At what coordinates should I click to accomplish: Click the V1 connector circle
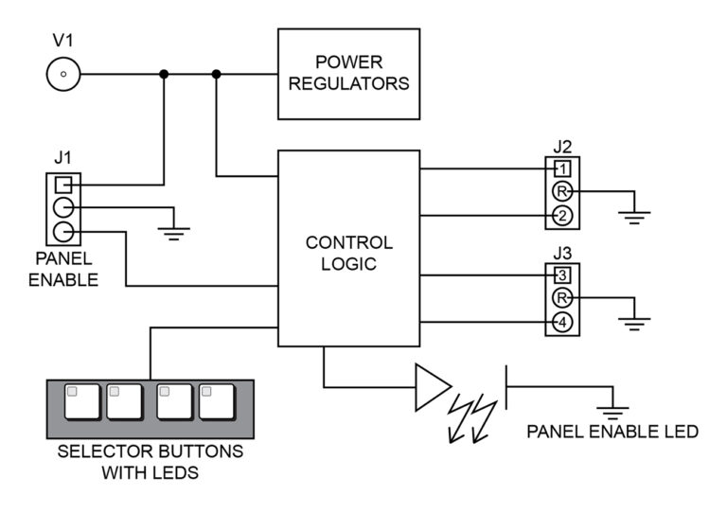pyautogui.click(x=62, y=73)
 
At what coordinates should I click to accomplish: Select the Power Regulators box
pyautogui.click(x=347, y=73)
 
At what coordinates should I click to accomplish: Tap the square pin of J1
pyautogui.click(x=62, y=185)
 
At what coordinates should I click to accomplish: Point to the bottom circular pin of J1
pyautogui.click(x=62, y=232)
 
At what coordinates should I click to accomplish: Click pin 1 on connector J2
pyautogui.click(x=562, y=168)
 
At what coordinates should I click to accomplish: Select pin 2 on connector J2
pyautogui.click(x=562, y=216)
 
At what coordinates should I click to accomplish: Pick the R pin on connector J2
pyautogui.click(x=562, y=192)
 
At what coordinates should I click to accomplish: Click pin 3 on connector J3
pyautogui.click(x=562, y=275)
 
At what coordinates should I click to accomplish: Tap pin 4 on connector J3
pyautogui.click(x=562, y=323)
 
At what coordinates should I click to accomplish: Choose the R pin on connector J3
pyautogui.click(x=562, y=299)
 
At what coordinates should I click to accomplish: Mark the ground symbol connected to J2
pyautogui.click(x=631, y=217)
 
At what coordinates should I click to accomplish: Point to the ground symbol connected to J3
pyautogui.click(x=631, y=323)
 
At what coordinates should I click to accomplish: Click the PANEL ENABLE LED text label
pyautogui.click(x=612, y=433)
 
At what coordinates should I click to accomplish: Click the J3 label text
pyautogui.click(x=562, y=254)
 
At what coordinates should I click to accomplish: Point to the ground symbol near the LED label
pyautogui.click(x=613, y=411)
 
